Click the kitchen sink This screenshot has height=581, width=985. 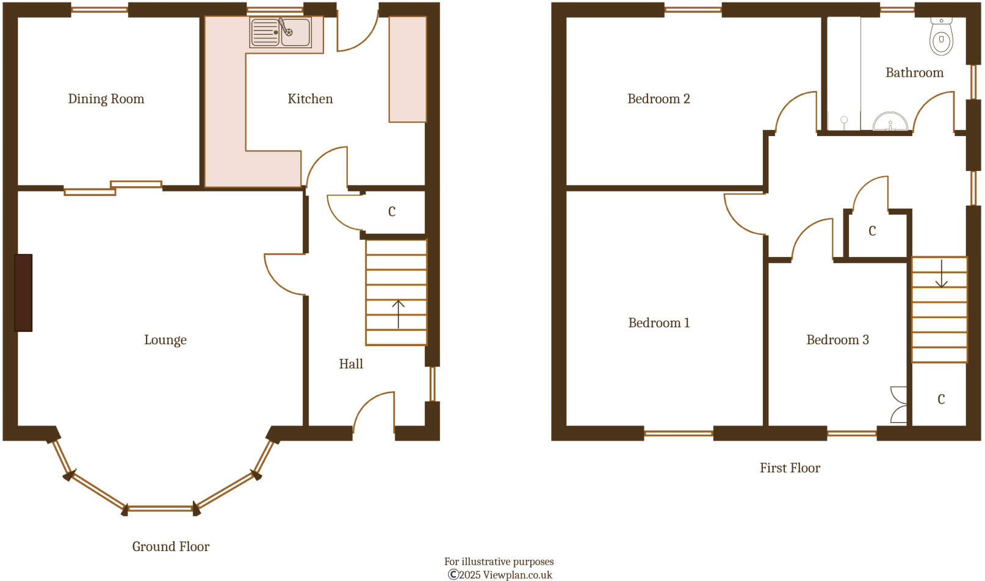(x=281, y=32)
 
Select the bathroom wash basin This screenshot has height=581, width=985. (x=890, y=122)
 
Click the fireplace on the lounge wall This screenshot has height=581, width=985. (x=23, y=293)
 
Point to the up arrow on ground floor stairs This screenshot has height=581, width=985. (x=399, y=314)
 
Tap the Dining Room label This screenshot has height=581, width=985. (x=106, y=99)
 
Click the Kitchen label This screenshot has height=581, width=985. (x=310, y=99)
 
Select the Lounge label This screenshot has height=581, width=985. (x=165, y=340)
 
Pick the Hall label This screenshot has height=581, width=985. (x=351, y=364)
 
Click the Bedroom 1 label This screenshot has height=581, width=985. (x=659, y=323)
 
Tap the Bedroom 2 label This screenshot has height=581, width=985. (x=658, y=99)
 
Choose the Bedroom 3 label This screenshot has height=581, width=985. (x=837, y=340)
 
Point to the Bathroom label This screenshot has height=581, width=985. (x=914, y=73)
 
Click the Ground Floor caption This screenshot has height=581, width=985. (x=171, y=547)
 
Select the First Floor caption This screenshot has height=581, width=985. (x=790, y=468)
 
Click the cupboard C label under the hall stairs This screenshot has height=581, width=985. (x=392, y=212)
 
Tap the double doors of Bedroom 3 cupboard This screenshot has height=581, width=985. (x=899, y=404)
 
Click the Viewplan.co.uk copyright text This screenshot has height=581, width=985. (x=500, y=574)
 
